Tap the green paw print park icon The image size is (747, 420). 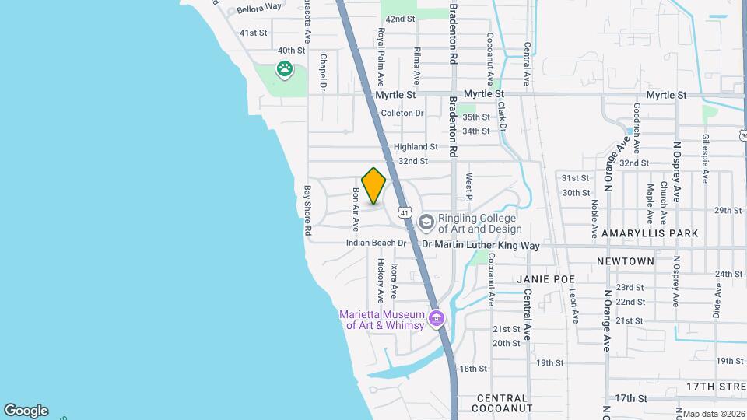(x=286, y=70)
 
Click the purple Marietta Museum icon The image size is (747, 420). (x=437, y=319)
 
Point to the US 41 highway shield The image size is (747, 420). (x=404, y=212)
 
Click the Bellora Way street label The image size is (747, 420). (x=259, y=7)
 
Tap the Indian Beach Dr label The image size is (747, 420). (x=377, y=243)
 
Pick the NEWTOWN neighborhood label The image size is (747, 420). (x=626, y=261)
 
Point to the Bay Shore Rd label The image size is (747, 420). (x=307, y=210)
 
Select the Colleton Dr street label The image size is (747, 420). (x=402, y=114)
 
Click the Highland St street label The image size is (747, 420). (x=416, y=147)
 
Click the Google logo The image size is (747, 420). (x=26, y=411)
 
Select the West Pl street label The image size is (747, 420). (x=469, y=187)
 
